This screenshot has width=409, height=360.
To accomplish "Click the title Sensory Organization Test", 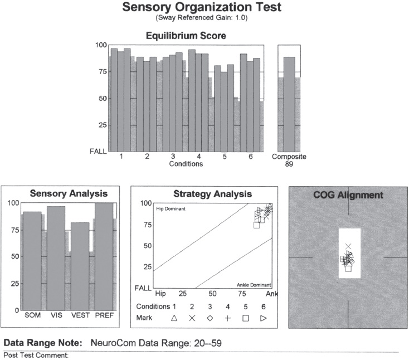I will pyautogui.click(x=201, y=8).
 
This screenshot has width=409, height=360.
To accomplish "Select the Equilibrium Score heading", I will pyautogui.click(x=186, y=36).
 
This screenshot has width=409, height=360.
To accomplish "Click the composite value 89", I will pyautogui.click(x=289, y=164).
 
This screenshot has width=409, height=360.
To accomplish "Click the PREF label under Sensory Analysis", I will pyautogui.click(x=104, y=315).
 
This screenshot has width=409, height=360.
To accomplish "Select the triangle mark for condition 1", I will pyautogui.click(x=174, y=318).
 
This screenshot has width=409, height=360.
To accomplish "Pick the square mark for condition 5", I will pyautogui.click(x=245, y=318).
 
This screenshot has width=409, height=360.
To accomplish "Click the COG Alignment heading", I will pyautogui.click(x=348, y=195).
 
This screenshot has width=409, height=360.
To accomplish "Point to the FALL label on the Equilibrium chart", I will pyautogui.click(x=99, y=151).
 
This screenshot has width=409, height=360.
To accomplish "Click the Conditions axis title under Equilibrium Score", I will pyautogui.click(x=186, y=164).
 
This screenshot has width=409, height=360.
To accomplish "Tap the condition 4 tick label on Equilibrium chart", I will pyautogui.click(x=199, y=157).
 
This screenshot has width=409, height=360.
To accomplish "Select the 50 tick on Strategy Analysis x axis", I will pyautogui.click(x=212, y=294).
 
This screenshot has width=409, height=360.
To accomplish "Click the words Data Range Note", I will pyautogui.click(x=43, y=343).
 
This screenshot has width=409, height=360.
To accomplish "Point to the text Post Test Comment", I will pyautogui.click(x=36, y=355).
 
